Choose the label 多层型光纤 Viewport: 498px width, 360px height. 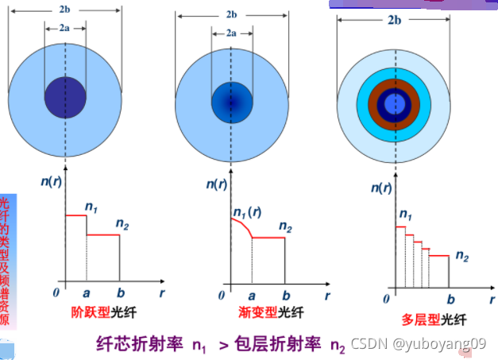[434, 320]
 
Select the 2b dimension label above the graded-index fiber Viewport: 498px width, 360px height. [231, 15]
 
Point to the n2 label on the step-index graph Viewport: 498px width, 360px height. [122, 224]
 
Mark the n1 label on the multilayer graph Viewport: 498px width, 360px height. [405, 215]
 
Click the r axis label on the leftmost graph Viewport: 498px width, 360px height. [162, 294]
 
